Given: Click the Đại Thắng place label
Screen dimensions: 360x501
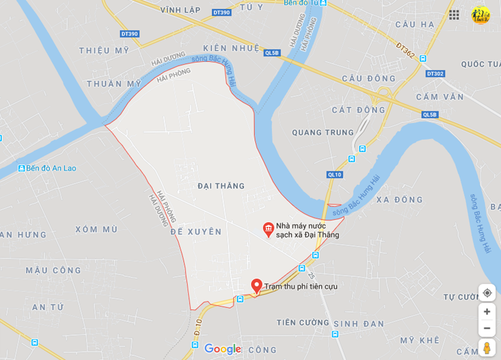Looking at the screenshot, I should [221, 186].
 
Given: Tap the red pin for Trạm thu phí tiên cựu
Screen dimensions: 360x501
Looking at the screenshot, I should [257, 286].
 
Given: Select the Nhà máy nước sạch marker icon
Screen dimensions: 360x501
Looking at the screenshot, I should [268, 229].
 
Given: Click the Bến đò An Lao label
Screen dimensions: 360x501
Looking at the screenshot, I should [47, 168].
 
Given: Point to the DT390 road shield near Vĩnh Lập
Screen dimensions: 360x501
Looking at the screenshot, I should [221, 12].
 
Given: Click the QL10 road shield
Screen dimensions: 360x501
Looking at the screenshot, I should [335, 174].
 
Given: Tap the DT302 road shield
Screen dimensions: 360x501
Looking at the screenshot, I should [435, 74].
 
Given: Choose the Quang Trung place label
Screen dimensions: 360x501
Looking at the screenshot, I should [323, 132].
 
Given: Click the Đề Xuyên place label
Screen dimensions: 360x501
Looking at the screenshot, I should [195, 232].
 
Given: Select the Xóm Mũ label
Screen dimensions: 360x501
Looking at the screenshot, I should [96, 229].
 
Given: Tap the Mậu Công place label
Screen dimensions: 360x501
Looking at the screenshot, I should [53, 270].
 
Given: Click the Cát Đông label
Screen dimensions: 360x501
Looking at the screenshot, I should [359, 110].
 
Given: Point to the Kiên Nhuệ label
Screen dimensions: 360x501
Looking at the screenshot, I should [231, 48].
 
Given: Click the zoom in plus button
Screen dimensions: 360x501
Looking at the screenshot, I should [487, 312].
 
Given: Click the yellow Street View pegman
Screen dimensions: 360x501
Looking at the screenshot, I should [487, 348].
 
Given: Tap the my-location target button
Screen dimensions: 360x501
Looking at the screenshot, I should [487, 293].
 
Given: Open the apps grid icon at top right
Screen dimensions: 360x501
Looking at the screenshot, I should [454, 15].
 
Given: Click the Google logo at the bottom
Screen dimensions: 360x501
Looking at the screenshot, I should [223, 349].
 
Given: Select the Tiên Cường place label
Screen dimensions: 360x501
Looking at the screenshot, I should [303, 323].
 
